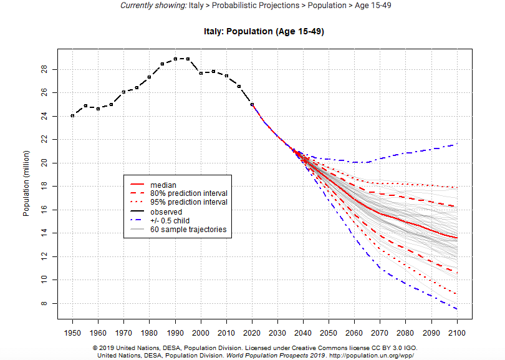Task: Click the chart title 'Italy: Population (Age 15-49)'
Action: coord(264,31)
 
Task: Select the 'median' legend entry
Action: coord(163,185)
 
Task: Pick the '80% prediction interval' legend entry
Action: coord(190,193)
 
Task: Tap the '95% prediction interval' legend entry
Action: coord(190,202)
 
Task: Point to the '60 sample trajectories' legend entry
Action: coord(187,230)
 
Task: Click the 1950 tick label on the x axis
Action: coord(72,331)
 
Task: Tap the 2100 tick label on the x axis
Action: coord(458,331)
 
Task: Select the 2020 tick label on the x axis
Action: coord(252,331)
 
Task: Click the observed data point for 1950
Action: coord(72,115)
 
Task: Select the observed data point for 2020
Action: coord(252,104)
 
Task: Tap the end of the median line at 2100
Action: coord(458,238)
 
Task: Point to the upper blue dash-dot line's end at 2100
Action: coord(458,144)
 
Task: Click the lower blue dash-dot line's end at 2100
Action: coord(458,309)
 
